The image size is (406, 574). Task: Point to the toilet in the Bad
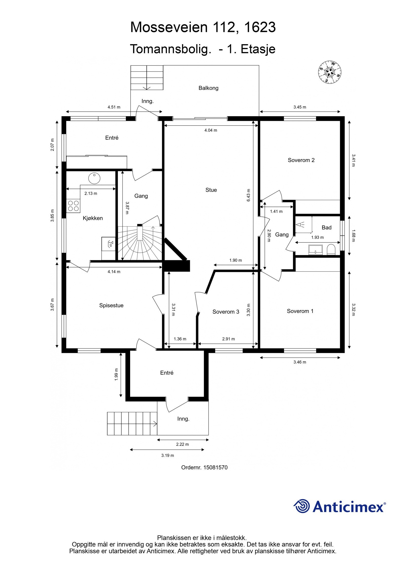pyautogui.click(x=331, y=250)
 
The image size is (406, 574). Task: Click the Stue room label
pyautogui.click(x=211, y=190)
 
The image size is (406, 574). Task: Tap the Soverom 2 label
pyautogui.click(x=301, y=160)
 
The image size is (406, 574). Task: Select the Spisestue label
pyautogui.click(x=111, y=305)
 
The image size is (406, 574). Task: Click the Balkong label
pyautogui.click(x=208, y=88)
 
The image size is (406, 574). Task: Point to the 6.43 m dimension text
pyautogui.click(x=248, y=195)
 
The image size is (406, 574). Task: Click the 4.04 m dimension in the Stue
pyautogui.click(x=211, y=130)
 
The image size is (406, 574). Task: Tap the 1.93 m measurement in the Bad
pyautogui.click(x=317, y=237)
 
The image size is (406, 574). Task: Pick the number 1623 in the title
pyautogui.click(x=260, y=27)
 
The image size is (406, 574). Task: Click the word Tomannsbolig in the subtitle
pyautogui.click(x=170, y=49)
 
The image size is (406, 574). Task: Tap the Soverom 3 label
pyautogui.click(x=226, y=312)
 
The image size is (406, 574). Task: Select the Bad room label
pyautogui.click(x=327, y=228)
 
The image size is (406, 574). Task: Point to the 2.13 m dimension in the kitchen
pyautogui.click(x=91, y=193)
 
